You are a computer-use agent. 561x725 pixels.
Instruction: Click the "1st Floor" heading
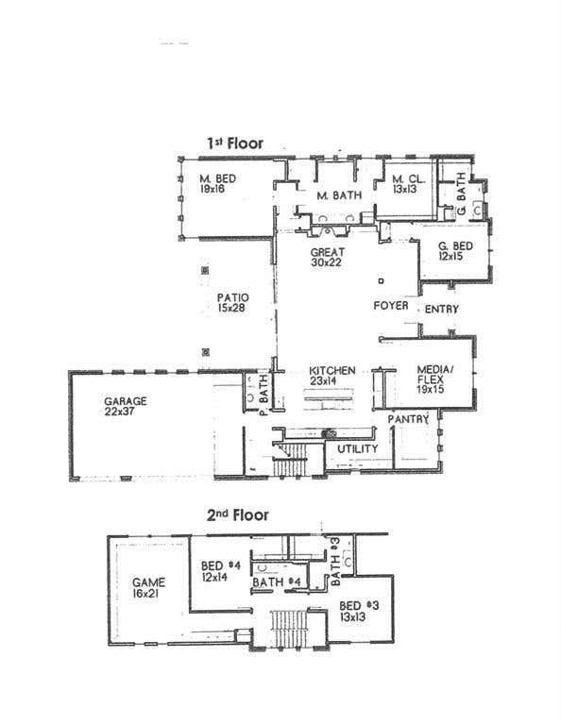pyautogui.click(x=235, y=143)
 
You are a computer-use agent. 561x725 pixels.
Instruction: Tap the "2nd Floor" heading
pyautogui.click(x=237, y=514)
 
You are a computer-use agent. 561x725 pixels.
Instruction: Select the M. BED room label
pyautogui.click(x=217, y=178)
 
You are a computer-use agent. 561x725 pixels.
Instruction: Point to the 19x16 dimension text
pyautogui.click(x=212, y=189)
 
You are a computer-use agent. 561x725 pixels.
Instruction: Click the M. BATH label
pyautogui.click(x=339, y=195)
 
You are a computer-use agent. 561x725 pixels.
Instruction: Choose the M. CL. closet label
pyautogui.click(x=408, y=179)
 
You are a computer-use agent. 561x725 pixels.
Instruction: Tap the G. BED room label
pyautogui.click(x=455, y=245)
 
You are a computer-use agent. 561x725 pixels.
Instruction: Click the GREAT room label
pyautogui.click(x=328, y=252)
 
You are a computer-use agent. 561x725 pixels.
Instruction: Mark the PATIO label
pyautogui.click(x=232, y=297)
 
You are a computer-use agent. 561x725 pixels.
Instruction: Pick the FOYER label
pyautogui.click(x=391, y=306)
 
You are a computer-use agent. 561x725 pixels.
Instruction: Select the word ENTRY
pyautogui.click(x=442, y=309)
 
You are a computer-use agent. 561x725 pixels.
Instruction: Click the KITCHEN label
pyautogui.click(x=332, y=370)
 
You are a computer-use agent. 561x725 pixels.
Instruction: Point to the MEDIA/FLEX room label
pyautogui.click(x=434, y=374)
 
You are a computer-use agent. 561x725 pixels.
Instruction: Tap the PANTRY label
pyautogui.click(x=408, y=419)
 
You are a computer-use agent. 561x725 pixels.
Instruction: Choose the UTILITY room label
pyautogui.click(x=358, y=448)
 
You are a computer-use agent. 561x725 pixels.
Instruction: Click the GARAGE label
pyautogui.click(x=125, y=401)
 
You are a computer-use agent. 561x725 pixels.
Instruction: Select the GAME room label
pyautogui.click(x=148, y=582)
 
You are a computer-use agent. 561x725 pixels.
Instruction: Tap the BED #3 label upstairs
pyautogui.click(x=359, y=606)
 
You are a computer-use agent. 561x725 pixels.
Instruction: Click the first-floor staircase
pyautogui.click(x=290, y=459)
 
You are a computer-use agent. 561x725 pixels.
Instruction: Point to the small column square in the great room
pyautogui.click(x=382, y=280)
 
